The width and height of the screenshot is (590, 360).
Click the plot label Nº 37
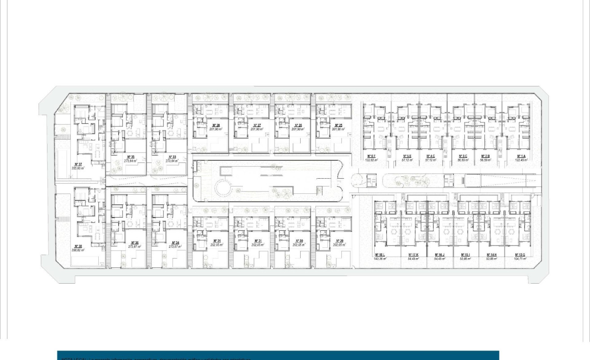(x=78, y=164)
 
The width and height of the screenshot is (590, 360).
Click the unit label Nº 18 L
(x=380, y=255)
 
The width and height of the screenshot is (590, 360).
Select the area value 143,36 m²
(x=380, y=259)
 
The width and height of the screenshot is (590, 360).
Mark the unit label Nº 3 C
(x=463, y=156)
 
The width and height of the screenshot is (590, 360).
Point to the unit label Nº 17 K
(x=413, y=255)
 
